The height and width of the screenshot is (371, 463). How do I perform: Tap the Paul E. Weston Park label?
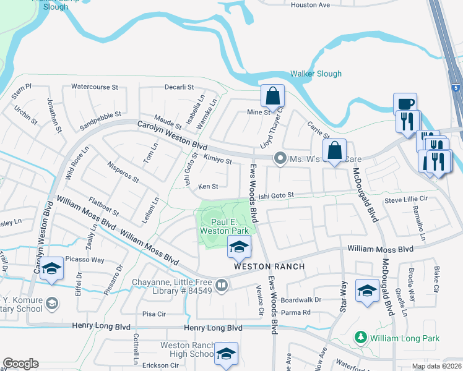[x=215, y=226]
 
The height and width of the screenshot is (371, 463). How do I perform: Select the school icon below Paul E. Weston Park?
[x=239, y=247]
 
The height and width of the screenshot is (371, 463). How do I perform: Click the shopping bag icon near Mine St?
[x=272, y=96]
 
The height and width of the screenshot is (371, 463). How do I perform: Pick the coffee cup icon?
[x=405, y=104]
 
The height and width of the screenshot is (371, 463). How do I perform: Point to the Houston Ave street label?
[x=310, y=5]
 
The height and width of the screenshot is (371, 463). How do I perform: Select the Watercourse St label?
[x=94, y=87]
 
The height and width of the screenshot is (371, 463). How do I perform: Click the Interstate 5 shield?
[x=456, y=88]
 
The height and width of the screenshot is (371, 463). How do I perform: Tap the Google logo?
[x=20, y=363]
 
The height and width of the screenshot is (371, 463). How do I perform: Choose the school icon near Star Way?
[x=368, y=291]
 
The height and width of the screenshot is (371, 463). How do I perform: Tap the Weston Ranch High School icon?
[x=227, y=354]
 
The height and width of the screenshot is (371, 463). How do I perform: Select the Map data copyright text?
[x=436, y=366]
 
